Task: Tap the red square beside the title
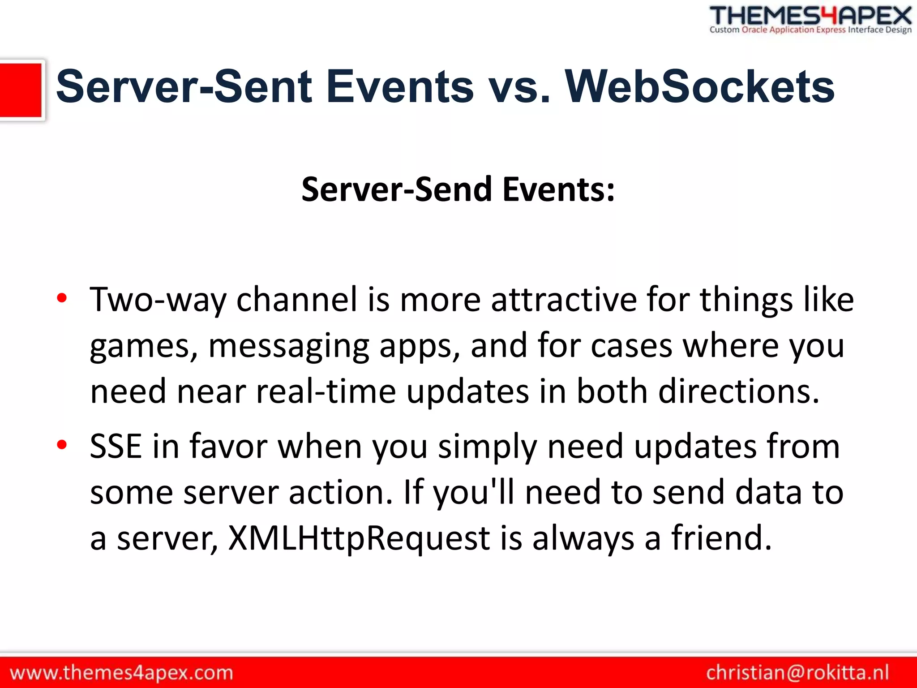tap(21, 90)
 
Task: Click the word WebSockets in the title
tap(699, 87)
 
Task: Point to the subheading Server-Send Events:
tap(458, 189)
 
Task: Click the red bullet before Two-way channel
tap(62, 298)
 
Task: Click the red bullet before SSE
tap(62, 444)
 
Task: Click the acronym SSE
tap(116, 447)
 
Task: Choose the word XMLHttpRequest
tap(359, 538)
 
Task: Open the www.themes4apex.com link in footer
tap(121, 673)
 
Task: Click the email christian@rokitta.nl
tap(797, 673)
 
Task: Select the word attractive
tap(564, 300)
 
